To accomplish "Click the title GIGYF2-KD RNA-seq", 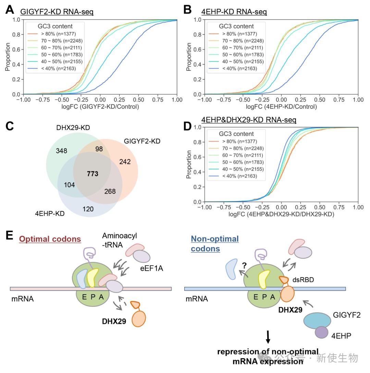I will (x=57, y=12).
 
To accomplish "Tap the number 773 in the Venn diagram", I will (x=92, y=174).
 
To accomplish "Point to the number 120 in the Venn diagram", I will (x=88, y=209).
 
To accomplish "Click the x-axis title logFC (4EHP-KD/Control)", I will (x=281, y=107).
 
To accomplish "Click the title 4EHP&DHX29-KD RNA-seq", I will (x=248, y=120).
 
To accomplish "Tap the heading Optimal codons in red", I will (x=50, y=239).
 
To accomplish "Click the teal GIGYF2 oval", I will (x=317, y=320).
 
